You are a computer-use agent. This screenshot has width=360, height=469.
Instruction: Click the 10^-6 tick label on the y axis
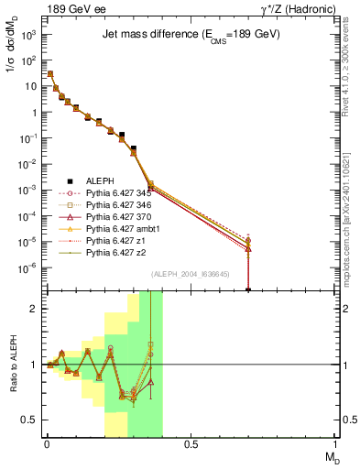(x=27, y=268)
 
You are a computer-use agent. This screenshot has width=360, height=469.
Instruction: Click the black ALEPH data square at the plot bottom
(x=248, y=289)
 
